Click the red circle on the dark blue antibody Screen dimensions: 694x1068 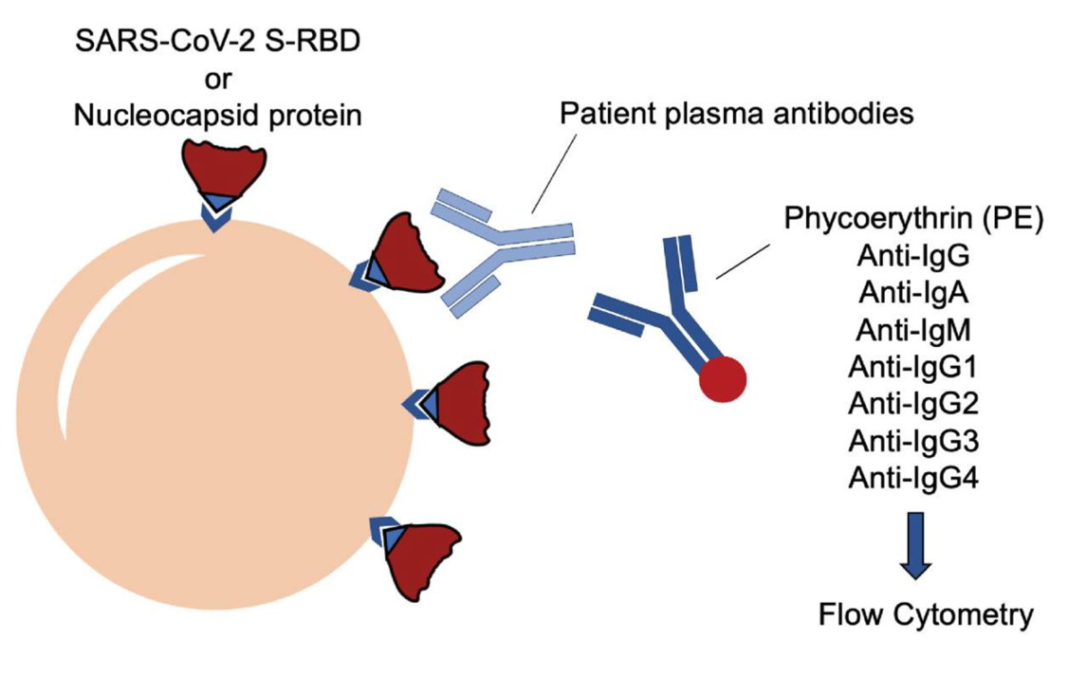[x=723, y=379]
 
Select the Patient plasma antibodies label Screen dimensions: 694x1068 [x=736, y=115]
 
